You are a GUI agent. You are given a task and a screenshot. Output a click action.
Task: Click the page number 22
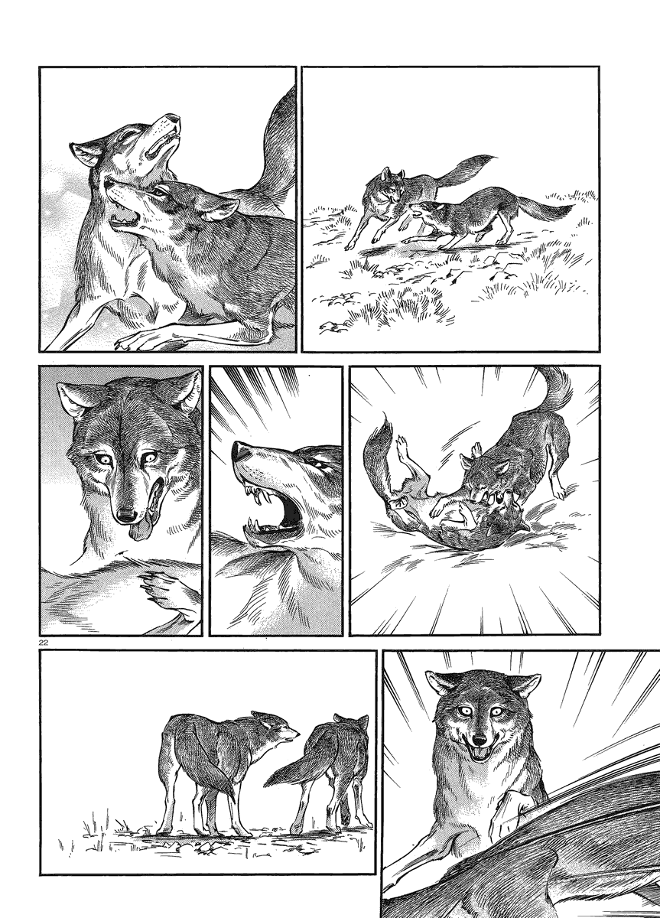(44, 643)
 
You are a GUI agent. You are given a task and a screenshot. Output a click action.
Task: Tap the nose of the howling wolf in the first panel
(174, 119)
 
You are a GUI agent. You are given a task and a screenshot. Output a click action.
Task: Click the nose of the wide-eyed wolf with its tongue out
(127, 514)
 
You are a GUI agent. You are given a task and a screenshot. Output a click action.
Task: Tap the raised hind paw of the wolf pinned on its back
(402, 443)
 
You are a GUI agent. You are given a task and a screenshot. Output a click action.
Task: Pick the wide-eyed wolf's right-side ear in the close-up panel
(190, 392)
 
